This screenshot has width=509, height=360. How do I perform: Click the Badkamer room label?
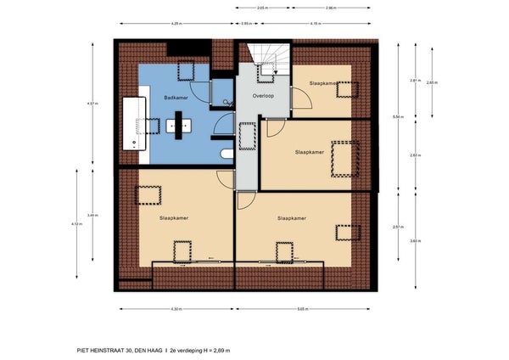[x=175, y=98]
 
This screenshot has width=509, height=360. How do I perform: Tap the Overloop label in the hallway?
[x=263, y=97]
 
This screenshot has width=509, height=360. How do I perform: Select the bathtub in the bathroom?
[x=135, y=124]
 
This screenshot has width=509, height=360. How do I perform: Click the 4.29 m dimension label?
[x=176, y=24]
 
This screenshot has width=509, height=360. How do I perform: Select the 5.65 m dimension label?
[x=303, y=308]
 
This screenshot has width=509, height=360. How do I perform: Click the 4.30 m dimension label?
[x=176, y=308]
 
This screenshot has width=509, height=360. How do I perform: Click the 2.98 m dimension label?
[x=331, y=7]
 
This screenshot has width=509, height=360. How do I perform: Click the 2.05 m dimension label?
[x=263, y=7]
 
